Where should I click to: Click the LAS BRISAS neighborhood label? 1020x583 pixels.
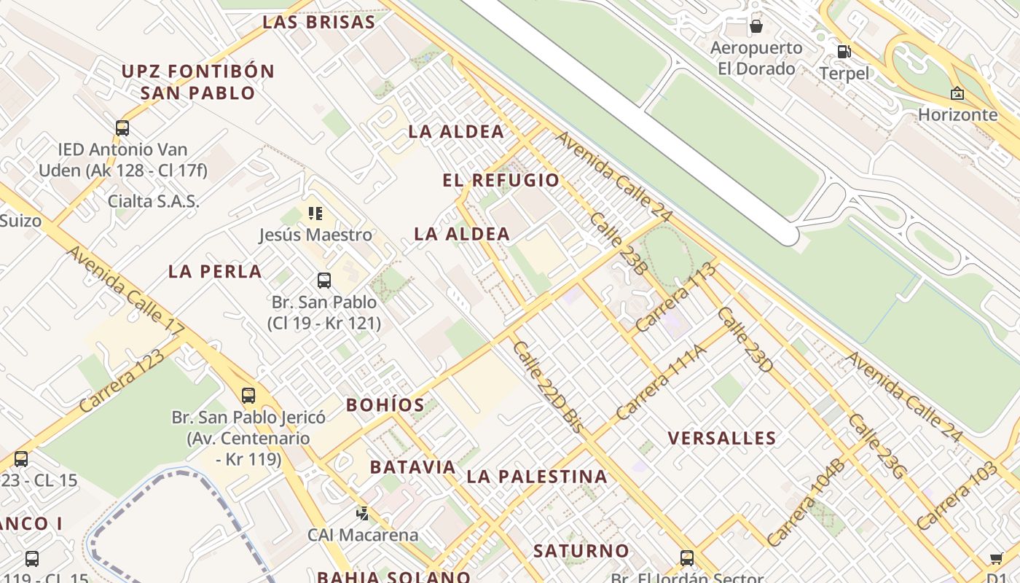coord(318,22)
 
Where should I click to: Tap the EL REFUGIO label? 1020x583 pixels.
coord(501,180)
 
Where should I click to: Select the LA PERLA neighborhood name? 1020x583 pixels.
coord(215,272)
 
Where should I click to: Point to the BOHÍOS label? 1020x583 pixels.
coord(385,405)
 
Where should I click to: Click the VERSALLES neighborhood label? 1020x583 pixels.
coord(722,438)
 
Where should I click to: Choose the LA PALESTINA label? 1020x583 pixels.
coord(537,477)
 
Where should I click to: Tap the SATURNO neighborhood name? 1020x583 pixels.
coord(581,551)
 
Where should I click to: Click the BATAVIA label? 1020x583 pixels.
coord(412,467)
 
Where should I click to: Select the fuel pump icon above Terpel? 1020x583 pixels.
coord(844,52)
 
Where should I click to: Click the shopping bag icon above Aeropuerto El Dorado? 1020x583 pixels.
coord(756,26)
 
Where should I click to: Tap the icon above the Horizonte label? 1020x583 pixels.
coord(957,93)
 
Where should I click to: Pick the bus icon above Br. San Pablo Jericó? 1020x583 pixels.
coord(248,396)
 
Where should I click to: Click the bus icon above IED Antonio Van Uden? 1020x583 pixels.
coord(122,128)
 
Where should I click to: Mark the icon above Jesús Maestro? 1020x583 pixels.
coord(315,214)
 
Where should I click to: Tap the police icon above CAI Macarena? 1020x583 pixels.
coord(362,514)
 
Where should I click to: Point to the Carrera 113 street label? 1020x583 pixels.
coord(675,297)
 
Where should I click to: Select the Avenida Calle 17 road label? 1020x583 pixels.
coord(126,291)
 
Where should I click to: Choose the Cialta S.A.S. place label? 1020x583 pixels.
coord(153,201)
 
